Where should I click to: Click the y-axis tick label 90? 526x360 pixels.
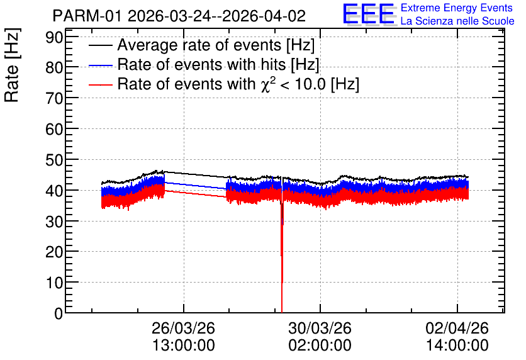[x=54, y=38]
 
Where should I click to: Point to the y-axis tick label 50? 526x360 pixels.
[x=54, y=160]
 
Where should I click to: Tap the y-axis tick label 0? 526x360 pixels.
[x=59, y=313]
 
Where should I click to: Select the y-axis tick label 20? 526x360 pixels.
[x=54, y=252]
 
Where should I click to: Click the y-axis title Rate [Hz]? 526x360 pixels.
[x=12, y=65]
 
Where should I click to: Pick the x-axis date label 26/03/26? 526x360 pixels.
[x=183, y=328]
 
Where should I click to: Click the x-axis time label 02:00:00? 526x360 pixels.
[x=320, y=346]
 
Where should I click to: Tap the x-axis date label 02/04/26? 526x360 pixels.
[x=457, y=328]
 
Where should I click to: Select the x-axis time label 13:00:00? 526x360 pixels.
[x=184, y=346]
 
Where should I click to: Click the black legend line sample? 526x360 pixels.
[x=100, y=45]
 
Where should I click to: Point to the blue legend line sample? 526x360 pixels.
[x=100, y=65]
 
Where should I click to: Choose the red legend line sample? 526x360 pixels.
[x=100, y=85]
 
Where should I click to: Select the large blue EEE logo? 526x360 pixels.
[x=368, y=13]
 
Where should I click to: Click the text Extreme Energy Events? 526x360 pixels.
[x=457, y=8]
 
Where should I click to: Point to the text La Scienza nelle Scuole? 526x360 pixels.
[x=457, y=21]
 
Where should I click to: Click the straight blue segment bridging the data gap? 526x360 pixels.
[x=195, y=186]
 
